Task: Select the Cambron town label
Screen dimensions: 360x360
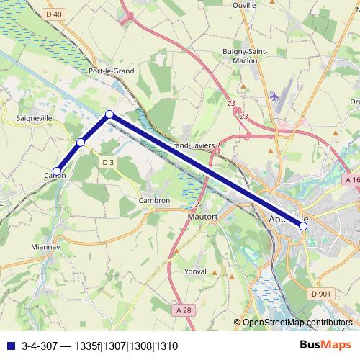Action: pos(155,201)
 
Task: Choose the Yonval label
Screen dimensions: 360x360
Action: pos(195,271)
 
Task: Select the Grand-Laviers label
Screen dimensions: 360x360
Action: pos(191,145)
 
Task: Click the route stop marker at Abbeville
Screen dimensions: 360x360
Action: pos(303,226)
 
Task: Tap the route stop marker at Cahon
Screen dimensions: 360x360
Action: pos(57,171)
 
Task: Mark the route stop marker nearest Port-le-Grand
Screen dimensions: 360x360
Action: pos(109,114)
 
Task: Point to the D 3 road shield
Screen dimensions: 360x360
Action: pos(108,163)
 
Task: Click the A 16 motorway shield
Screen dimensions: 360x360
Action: pos(352,179)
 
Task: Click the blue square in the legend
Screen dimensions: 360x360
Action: pos(9,346)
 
